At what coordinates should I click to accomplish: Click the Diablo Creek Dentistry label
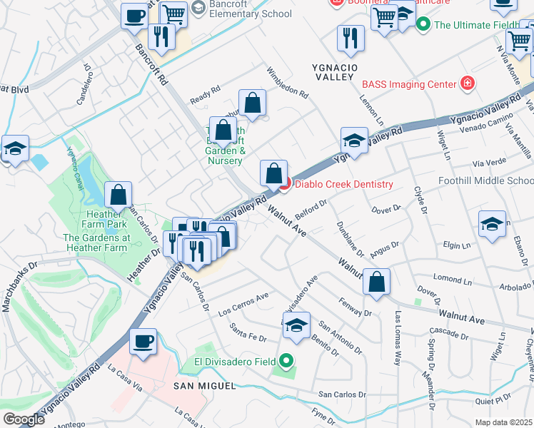point(343,184)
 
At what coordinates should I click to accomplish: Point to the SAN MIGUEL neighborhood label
point(205,386)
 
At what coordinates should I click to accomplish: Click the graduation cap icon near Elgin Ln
point(492,223)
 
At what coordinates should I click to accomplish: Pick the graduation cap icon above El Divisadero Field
point(296,324)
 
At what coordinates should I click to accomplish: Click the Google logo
point(23,419)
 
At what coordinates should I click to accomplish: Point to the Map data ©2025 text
point(504,422)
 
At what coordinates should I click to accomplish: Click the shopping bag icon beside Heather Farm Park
point(119,193)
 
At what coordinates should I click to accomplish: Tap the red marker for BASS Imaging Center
point(467,84)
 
